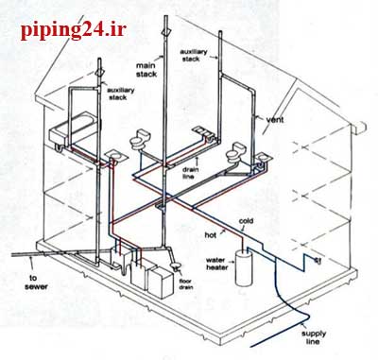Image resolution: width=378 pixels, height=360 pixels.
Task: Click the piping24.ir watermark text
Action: [x=74, y=30]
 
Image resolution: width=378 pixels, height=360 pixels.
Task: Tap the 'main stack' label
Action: [x=146, y=70]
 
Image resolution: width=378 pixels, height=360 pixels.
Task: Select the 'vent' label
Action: [x=275, y=120]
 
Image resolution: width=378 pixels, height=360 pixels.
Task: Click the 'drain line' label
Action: [x=190, y=173]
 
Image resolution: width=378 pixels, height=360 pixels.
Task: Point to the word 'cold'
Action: [x=246, y=221]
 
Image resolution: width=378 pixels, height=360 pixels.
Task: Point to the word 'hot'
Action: [x=210, y=234]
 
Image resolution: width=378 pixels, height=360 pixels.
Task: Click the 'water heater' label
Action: [x=216, y=264]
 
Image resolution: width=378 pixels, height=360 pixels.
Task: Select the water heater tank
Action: [x=243, y=267]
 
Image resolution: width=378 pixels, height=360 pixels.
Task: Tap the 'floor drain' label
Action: [x=185, y=284]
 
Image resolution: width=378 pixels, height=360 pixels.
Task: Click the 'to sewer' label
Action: [x=37, y=283]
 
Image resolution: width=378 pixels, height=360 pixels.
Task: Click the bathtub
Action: [x=73, y=131]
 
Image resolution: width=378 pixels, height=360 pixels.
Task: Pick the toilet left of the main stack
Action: [x=140, y=139]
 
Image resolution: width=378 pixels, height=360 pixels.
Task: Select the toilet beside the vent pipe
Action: [x=236, y=152]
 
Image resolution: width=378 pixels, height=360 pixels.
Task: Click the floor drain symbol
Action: [x=175, y=266]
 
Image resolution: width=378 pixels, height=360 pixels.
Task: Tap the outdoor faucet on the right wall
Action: [x=318, y=260]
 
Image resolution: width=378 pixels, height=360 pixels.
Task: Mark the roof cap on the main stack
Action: [x=165, y=31]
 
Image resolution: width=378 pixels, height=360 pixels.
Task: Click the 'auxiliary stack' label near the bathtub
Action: [x=121, y=94]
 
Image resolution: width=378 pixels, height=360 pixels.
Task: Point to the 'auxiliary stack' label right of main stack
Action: [x=194, y=55]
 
